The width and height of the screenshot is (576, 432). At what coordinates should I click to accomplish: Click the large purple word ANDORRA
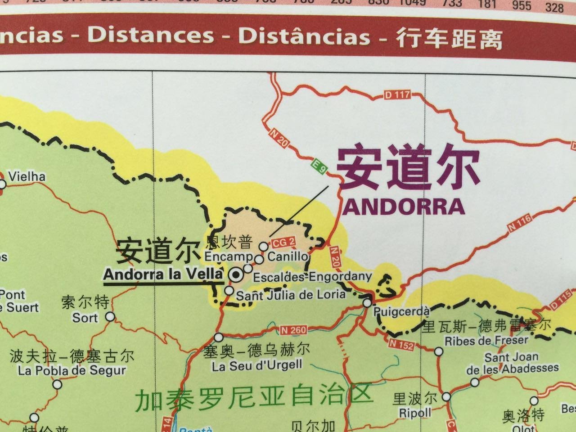coord(404,207)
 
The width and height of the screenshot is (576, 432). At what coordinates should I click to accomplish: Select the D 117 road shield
coord(398,95)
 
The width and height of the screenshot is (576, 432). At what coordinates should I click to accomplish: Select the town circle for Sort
coord(110,317)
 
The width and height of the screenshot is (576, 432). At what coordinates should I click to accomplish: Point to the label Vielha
coord(27,176)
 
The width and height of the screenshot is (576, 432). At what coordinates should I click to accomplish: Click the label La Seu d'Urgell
coord(257,365)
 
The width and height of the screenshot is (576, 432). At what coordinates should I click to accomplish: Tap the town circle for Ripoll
coord(446,397)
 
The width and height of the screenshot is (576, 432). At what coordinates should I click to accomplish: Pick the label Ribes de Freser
coord(486,341)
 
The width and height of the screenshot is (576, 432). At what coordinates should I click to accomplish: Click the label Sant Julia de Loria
coord(291,295)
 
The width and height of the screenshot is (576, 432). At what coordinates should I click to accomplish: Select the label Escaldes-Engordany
coord(312,277)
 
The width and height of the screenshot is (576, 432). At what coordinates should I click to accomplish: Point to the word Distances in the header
coord(151,36)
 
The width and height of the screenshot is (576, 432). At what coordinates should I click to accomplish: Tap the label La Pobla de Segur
coord(72,371)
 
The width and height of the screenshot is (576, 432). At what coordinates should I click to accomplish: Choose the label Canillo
coord(288,256)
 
